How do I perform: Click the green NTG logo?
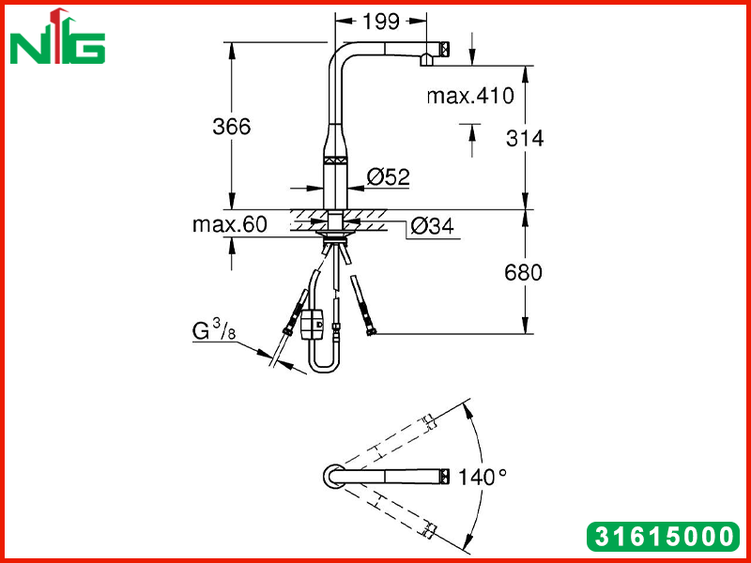click(57, 38)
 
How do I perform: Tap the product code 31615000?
click(663, 536)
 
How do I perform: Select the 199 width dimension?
click(381, 22)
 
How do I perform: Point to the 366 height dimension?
click(232, 127)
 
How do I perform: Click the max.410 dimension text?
click(470, 96)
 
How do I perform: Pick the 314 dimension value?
click(525, 138)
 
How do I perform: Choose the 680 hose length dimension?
click(524, 273)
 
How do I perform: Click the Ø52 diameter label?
click(389, 177)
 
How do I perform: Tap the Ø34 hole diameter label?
click(432, 225)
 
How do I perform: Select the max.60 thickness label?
click(230, 224)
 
